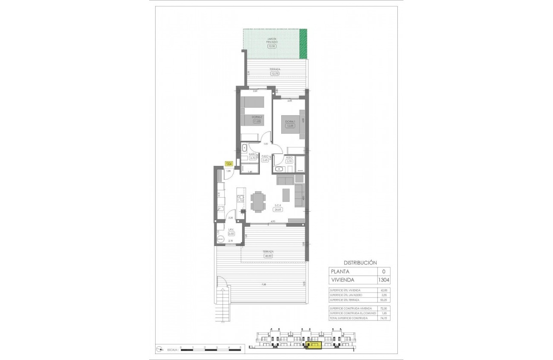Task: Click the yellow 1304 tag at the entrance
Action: pyautogui.click(x=229, y=164)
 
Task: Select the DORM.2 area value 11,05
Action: pyautogui.click(x=257, y=121)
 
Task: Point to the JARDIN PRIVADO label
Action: pyautogui.click(x=272, y=41)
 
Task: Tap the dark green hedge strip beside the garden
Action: pyautogui.click(x=304, y=44)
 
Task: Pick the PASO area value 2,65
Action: pyautogui.click(x=265, y=160)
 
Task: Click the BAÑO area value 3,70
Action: pyautogui.click(x=252, y=158)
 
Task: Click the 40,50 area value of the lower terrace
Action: pyautogui.click(x=268, y=256)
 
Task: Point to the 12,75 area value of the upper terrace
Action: pyautogui.click(x=275, y=73)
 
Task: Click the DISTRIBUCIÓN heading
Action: pyautogui.click(x=360, y=263)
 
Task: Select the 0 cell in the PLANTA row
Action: pyautogui.click(x=383, y=271)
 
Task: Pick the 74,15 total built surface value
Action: pyautogui.click(x=384, y=318)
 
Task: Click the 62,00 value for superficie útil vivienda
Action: pyautogui.click(x=384, y=290)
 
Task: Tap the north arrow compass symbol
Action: pyautogui.click(x=159, y=348)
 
